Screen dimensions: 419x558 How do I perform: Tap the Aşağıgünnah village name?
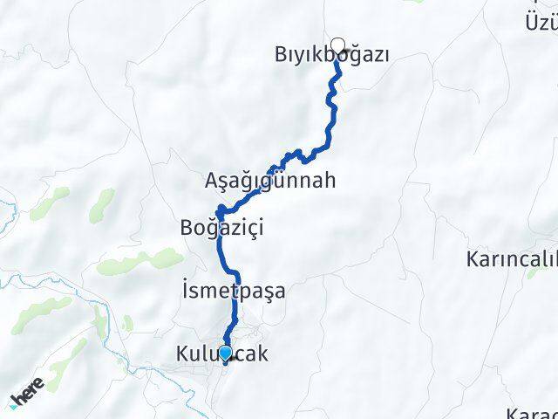[x=269, y=181]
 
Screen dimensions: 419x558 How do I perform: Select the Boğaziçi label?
[x=221, y=228]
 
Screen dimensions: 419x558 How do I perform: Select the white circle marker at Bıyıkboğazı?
[x=337, y=45]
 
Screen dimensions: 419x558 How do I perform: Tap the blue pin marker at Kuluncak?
[x=226, y=354]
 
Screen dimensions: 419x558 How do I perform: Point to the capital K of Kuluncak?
[x=182, y=355]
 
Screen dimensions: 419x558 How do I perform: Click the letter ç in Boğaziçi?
[x=251, y=228]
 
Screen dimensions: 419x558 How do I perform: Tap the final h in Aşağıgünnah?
[x=329, y=181]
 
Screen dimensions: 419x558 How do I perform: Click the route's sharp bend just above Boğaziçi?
[x=220, y=209]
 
